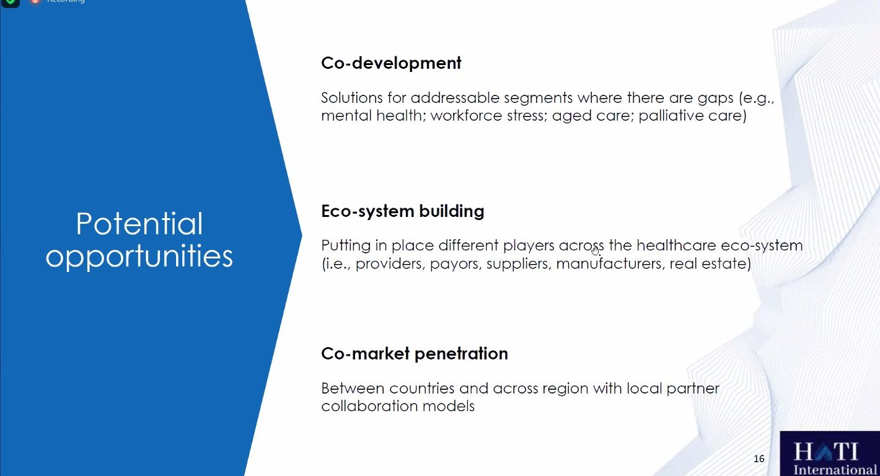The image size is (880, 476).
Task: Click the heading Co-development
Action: (x=391, y=63)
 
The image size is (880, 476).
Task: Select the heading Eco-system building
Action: (x=403, y=211)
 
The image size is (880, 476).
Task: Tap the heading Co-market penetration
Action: (x=415, y=354)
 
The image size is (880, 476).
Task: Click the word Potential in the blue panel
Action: (x=139, y=224)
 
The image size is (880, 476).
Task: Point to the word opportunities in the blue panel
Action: (x=139, y=257)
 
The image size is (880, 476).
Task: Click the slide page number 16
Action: (x=759, y=459)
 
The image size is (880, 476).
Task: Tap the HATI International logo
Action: (x=830, y=454)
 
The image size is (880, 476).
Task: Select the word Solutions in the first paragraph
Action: (x=351, y=97)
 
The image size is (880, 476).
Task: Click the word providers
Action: (x=390, y=264)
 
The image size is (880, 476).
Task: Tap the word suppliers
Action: (x=519, y=264)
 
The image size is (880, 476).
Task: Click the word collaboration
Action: (x=369, y=406)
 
